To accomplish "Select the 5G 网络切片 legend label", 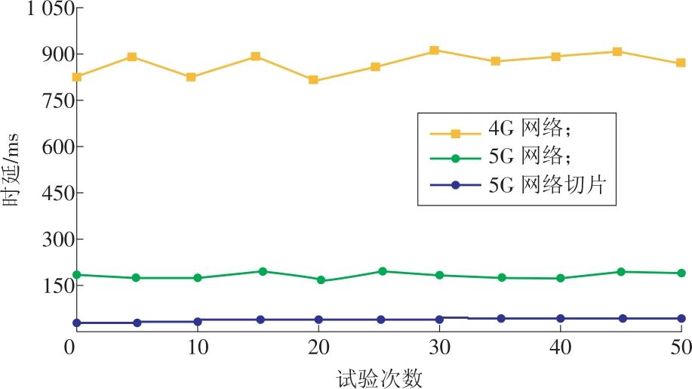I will (558, 184).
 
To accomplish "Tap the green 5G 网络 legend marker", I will (456, 159).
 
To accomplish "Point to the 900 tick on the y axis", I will (52, 54).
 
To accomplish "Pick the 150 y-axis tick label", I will (52, 286).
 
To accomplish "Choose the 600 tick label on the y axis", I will (52, 147).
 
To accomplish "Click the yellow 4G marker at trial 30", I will (435, 51).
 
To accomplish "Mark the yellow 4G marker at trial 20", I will (313, 80).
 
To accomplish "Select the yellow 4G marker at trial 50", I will (681, 63).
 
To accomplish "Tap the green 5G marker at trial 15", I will (263, 271).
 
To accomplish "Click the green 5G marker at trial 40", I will (560, 278).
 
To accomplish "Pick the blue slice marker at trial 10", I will (198, 321).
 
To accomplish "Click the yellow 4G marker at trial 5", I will (132, 57).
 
